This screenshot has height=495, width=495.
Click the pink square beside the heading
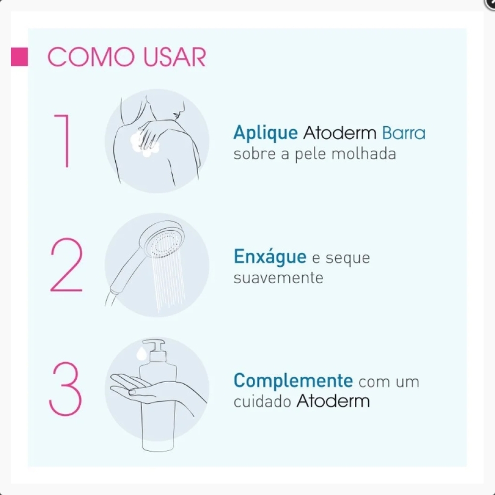click(x=19, y=57)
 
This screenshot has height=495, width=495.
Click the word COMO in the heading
click(x=91, y=57)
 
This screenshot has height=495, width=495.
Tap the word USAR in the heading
click(x=175, y=57)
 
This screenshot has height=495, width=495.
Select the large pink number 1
click(x=62, y=141)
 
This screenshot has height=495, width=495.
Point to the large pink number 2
click(x=66, y=264)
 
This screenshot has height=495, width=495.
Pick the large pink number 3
click(x=65, y=389)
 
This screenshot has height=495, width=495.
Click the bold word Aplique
click(x=265, y=133)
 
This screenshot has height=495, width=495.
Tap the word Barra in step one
click(x=404, y=133)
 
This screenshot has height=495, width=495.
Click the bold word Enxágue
click(x=270, y=257)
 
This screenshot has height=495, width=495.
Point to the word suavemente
click(x=278, y=278)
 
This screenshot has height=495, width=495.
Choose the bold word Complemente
click(x=293, y=381)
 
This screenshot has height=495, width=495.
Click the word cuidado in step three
click(x=262, y=401)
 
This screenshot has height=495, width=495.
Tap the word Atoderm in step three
click(x=333, y=401)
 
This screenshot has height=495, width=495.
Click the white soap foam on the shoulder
click(x=145, y=144)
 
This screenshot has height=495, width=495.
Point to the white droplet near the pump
click(x=141, y=353)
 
